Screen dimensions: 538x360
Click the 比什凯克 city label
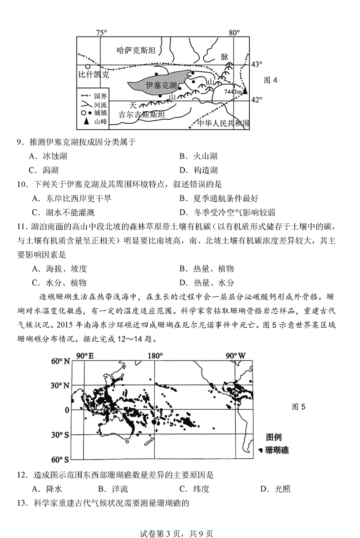(x=94, y=75)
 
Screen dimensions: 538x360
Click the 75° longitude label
(x=102, y=32)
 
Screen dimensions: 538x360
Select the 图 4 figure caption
(x=270, y=80)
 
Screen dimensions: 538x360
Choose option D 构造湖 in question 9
(x=198, y=170)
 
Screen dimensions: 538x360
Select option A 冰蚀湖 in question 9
(x=50, y=156)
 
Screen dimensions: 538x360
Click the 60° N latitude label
(x=60, y=362)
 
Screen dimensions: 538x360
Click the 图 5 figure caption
(x=299, y=407)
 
